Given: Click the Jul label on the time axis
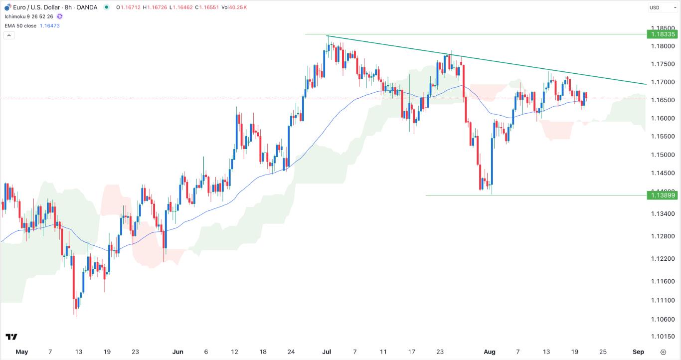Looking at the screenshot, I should [327, 352].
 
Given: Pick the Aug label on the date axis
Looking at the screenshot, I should [490, 352].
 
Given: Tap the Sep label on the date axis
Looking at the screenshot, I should [638, 352].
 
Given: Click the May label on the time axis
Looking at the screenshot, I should [21, 352].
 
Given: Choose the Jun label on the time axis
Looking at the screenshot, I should [177, 352].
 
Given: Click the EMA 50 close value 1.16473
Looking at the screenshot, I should [49, 26].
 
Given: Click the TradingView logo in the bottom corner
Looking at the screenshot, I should [11, 337].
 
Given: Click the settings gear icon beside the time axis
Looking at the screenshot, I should [663, 352].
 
